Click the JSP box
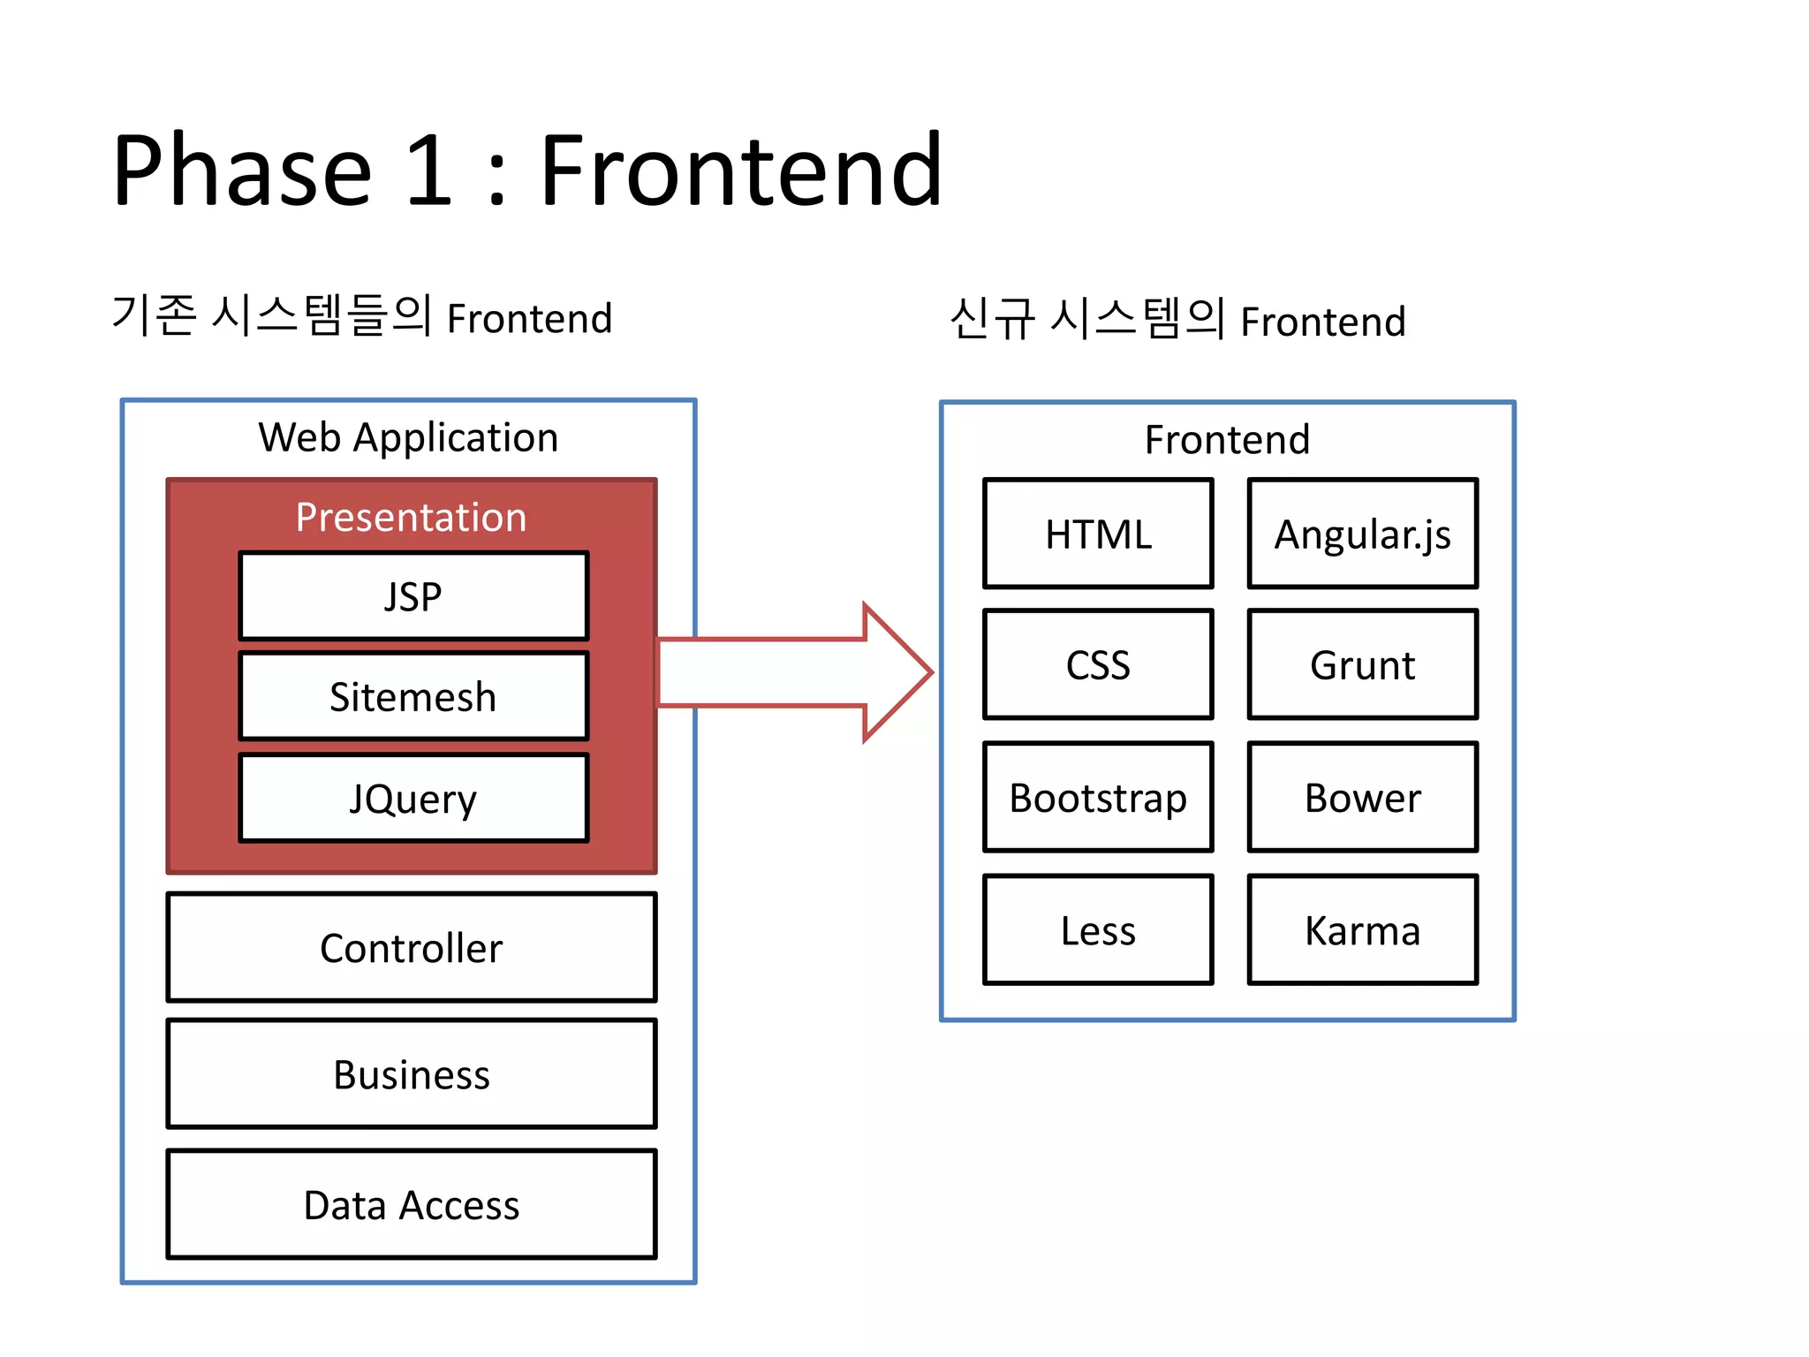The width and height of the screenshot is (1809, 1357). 413,596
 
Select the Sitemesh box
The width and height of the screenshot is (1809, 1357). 413,697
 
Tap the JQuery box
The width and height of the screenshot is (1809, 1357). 413,798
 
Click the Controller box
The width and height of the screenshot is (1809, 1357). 412,947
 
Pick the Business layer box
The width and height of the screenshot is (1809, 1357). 412,1074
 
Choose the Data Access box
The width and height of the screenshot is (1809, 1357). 412,1204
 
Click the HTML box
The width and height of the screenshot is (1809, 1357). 1098,534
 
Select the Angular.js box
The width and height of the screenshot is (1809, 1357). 1362,534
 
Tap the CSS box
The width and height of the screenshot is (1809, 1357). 1098,664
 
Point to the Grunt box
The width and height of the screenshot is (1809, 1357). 1362,664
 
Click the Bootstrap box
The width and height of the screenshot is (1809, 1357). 1098,797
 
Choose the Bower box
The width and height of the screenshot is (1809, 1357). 1362,797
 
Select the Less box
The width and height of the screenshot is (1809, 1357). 1098,929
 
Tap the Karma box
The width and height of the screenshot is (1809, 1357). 1362,929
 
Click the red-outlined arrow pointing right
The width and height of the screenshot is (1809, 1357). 795,672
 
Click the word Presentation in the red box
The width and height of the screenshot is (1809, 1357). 411,517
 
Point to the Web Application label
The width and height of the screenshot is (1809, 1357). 408,437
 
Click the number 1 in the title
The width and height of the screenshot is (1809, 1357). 430,170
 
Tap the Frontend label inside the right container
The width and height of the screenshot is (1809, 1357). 1227,439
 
